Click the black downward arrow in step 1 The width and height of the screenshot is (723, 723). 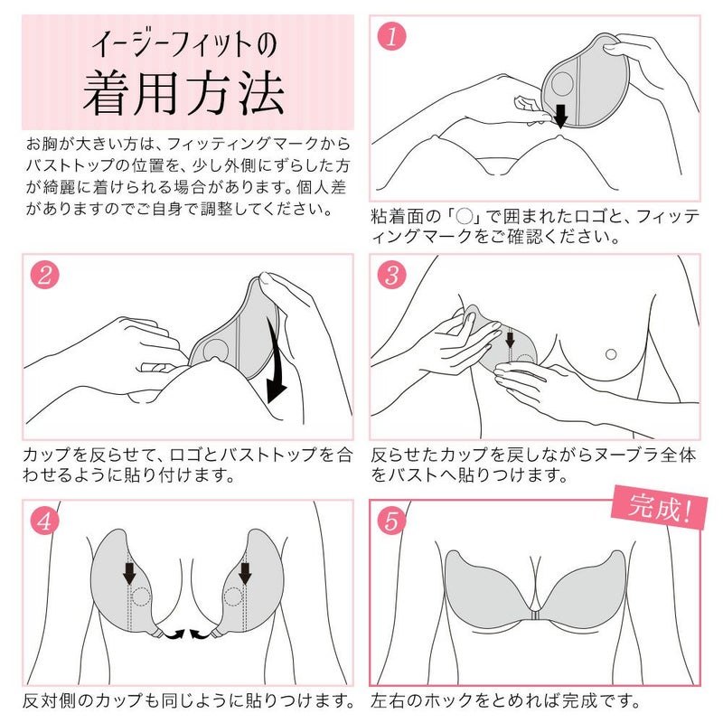pyautogui.click(x=560, y=115)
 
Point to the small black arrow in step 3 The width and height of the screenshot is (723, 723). pyautogui.click(x=509, y=341)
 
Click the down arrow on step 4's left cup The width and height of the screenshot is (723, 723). pyautogui.click(x=129, y=572)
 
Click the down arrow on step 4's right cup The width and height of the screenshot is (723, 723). pyautogui.click(x=246, y=572)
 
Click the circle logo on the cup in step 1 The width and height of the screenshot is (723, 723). pyautogui.click(x=563, y=86)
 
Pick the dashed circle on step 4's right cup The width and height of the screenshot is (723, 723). pyautogui.click(x=233, y=597)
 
